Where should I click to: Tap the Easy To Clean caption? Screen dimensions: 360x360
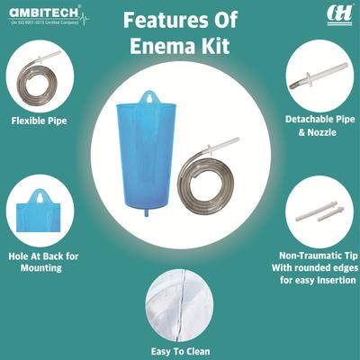point(180,350)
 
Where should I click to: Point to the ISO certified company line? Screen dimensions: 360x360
point(42,23)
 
